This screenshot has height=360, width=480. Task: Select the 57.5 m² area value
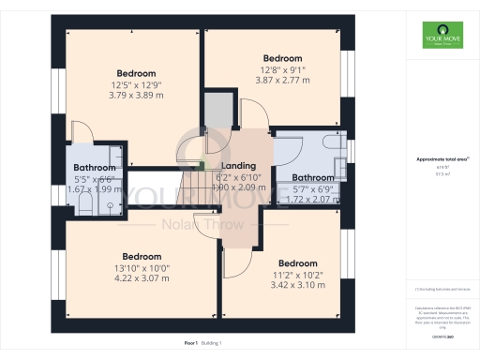click(442, 173)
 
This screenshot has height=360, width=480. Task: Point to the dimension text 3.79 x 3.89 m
click(135, 95)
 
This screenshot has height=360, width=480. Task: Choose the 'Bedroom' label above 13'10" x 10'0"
click(142, 256)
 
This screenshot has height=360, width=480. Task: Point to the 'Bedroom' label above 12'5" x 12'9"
click(136, 73)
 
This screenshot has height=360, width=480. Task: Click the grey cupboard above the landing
click(218, 112)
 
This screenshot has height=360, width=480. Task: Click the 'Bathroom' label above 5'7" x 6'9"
click(312, 177)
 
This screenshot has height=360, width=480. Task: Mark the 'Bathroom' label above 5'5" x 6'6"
click(95, 168)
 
